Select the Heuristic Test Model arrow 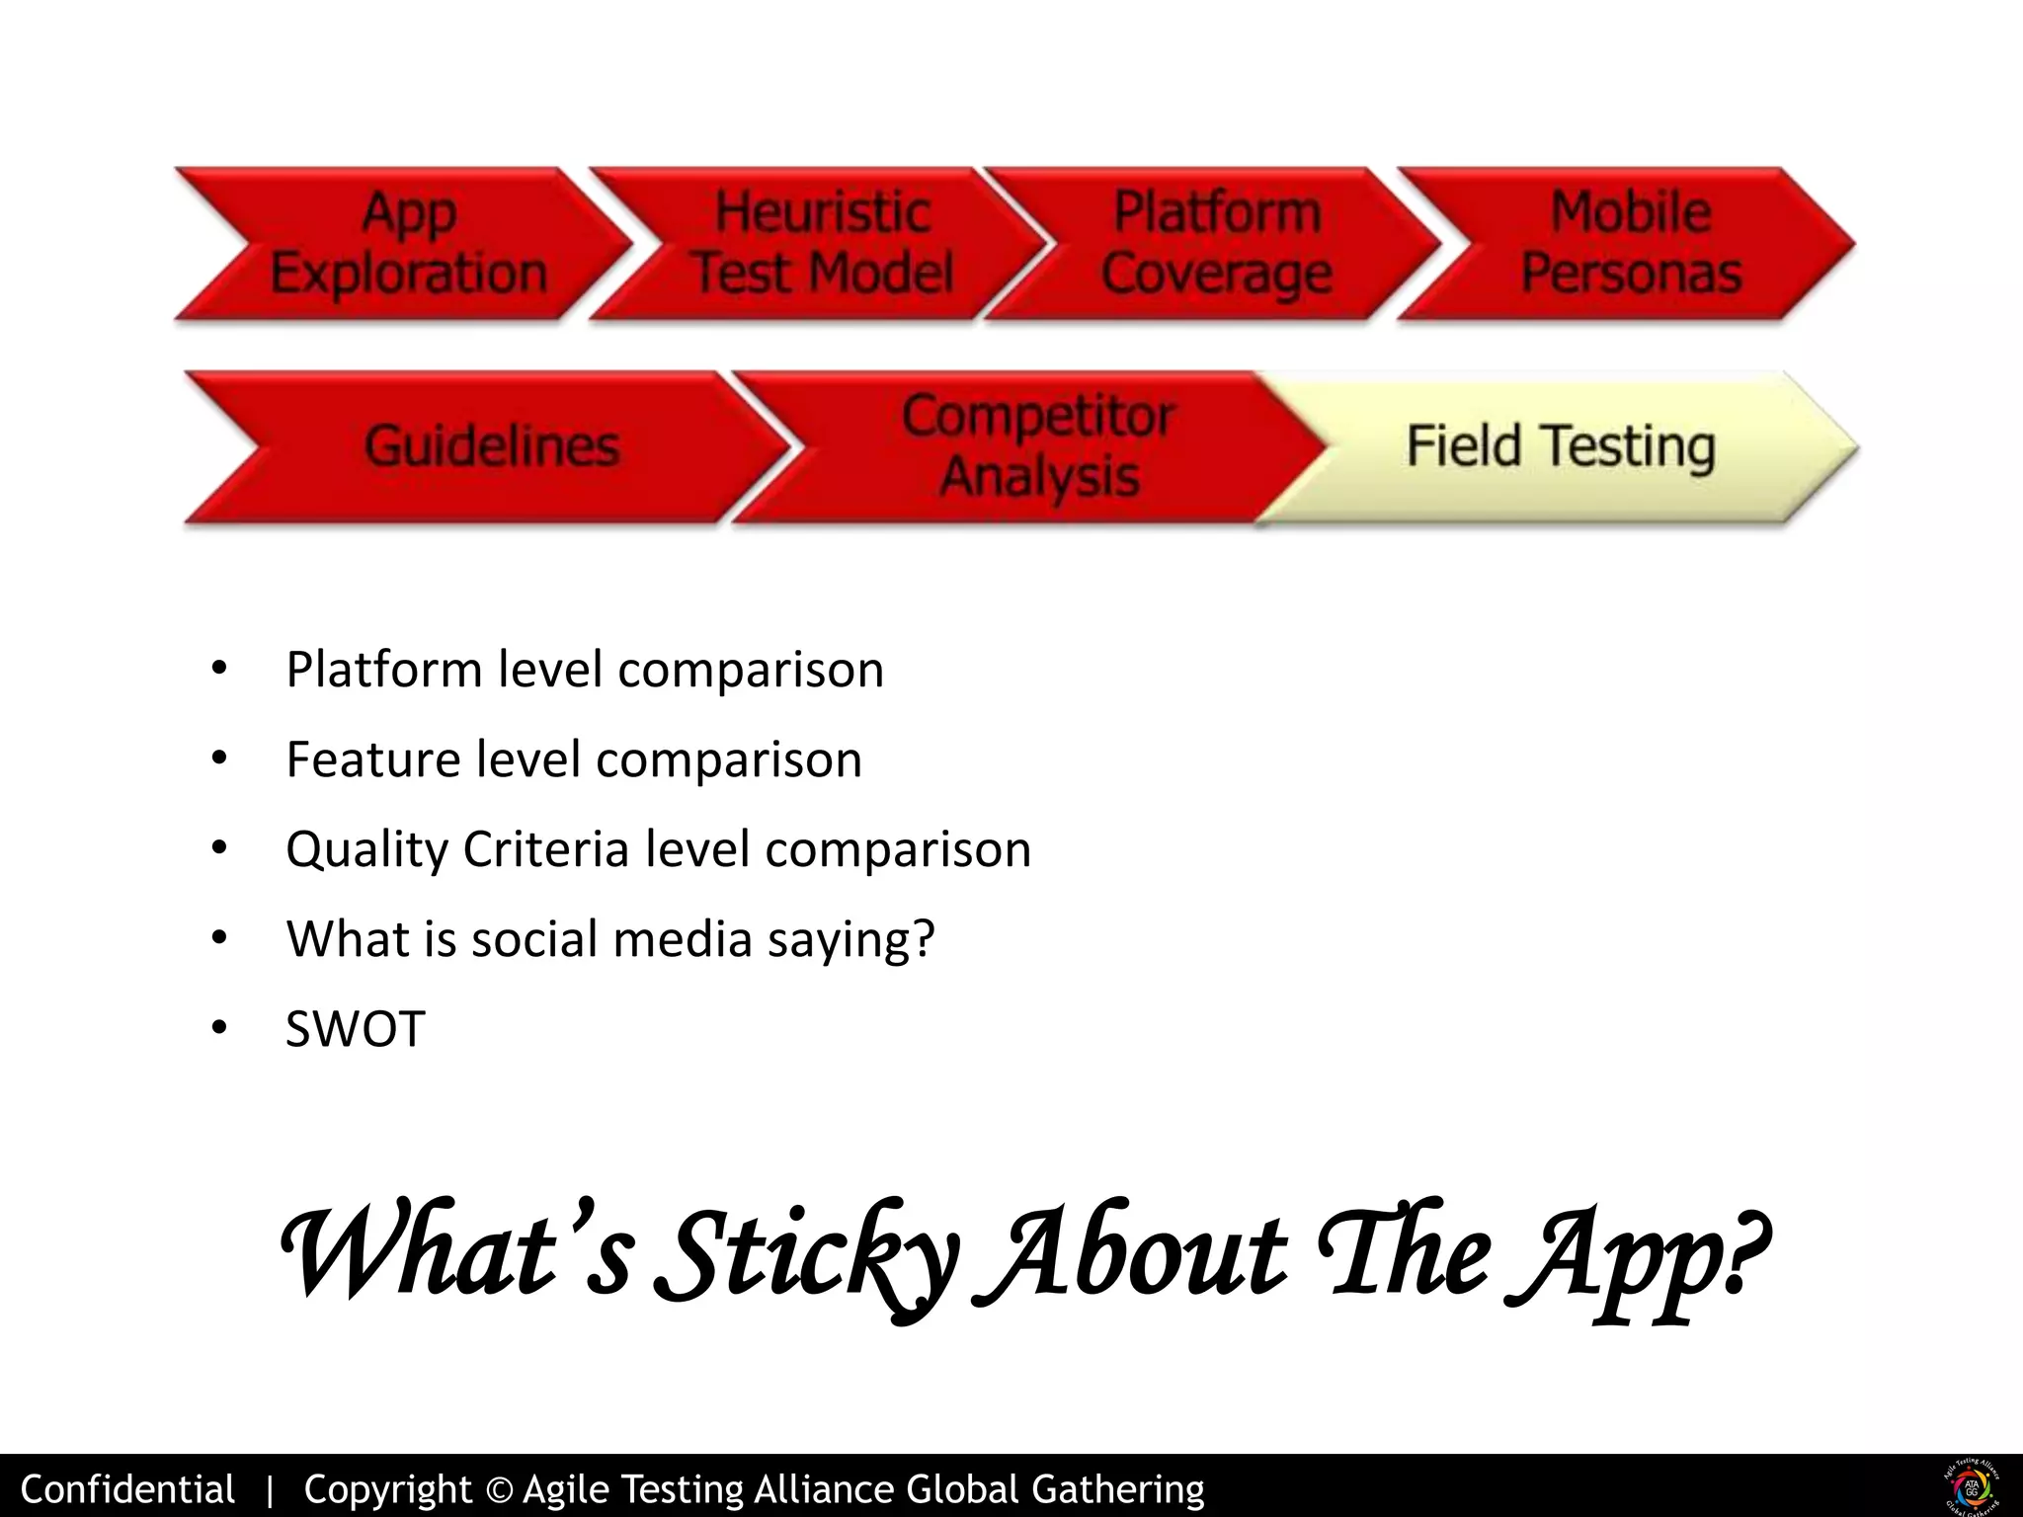(822, 244)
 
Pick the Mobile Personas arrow (1630, 244)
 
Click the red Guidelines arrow (491, 446)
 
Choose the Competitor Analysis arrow (1037, 446)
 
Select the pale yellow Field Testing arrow (1561, 446)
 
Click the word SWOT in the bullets (355, 1029)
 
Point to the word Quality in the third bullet (366, 849)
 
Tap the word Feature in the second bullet (372, 759)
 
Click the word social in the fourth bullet (534, 938)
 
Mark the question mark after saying (924, 938)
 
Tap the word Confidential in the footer (127, 1489)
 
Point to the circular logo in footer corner (1972, 1486)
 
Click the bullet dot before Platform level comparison (218, 670)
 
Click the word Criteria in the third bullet (545, 849)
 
